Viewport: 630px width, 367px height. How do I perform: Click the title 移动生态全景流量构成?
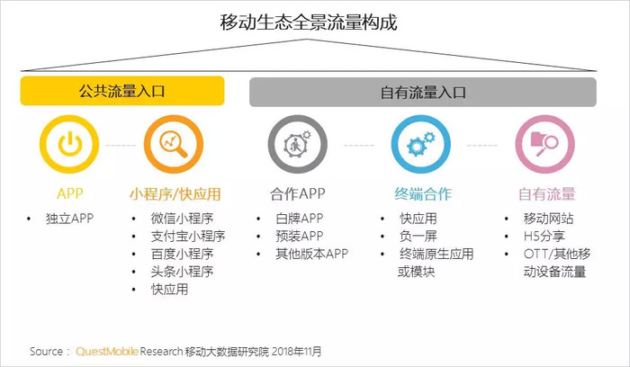(308, 22)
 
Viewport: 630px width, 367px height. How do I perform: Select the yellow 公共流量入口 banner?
(122, 91)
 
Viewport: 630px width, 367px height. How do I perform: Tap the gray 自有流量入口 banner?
(423, 93)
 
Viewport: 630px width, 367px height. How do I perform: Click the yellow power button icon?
(69, 144)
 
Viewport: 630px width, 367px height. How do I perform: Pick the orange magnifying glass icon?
(174, 144)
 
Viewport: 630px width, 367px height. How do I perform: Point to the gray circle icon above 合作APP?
(298, 144)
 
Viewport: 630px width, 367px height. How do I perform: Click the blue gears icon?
(421, 144)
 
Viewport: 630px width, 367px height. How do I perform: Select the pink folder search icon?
(545, 144)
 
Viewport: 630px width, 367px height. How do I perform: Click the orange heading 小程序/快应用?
(175, 194)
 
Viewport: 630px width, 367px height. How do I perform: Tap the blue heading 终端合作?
(423, 194)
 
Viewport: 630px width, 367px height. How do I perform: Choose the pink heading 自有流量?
(547, 194)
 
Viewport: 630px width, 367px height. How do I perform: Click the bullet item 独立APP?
(69, 219)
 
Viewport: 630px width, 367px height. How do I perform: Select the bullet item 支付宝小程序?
(188, 236)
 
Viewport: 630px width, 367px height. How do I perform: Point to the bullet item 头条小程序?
(182, 272)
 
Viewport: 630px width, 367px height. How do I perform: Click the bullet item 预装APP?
(300, 236)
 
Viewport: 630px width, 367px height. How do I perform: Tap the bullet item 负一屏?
(418, 236)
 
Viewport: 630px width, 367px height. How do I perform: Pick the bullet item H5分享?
(544, 236)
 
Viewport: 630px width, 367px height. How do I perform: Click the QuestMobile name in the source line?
(107, 352)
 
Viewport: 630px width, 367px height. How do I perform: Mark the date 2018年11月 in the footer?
(296, 352)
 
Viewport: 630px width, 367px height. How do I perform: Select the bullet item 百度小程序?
(182, 254)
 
